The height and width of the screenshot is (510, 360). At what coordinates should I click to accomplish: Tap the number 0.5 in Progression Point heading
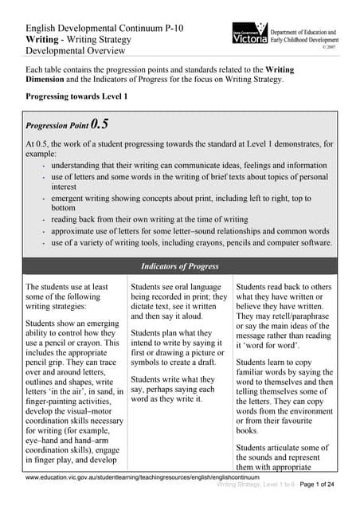click(x=100, y=124)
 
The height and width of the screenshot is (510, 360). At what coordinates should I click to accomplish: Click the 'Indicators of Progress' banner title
click(x=179, y=265)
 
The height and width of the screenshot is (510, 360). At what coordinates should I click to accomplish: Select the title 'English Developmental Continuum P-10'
click(x=104, y=28)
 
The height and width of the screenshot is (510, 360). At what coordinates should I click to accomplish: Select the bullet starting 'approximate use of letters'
click(x=192, y=231)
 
